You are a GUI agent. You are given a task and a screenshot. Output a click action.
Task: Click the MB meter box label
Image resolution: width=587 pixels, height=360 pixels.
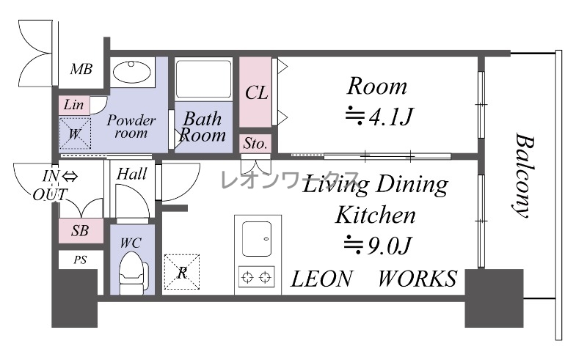coord(81,69)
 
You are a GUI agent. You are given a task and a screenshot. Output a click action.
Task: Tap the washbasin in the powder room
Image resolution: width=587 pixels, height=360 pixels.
coord(132,71)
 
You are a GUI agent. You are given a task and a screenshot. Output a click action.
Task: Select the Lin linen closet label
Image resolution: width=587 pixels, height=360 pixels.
coord(73,104)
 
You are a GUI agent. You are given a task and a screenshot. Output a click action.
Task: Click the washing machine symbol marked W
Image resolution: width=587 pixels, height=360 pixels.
coord(75,133)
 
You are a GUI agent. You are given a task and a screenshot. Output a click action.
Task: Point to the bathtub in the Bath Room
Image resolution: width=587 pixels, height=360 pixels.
coord(203,79)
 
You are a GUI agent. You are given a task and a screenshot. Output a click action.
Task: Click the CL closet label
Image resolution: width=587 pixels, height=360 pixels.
coord(256,92)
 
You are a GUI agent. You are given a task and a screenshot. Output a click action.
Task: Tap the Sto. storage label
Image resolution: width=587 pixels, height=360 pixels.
coord(255,143)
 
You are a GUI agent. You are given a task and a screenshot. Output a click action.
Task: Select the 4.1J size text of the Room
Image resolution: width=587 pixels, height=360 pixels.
coord(379,117)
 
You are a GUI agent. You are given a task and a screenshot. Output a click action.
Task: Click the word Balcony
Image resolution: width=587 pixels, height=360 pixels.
coord(522,175)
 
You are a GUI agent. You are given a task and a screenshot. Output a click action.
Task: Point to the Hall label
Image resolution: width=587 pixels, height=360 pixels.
coord(132,174)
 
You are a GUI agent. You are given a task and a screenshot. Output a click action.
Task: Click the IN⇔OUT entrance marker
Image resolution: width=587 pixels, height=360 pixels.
coord(54,185)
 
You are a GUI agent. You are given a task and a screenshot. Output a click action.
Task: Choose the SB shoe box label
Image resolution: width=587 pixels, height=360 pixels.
coord(80,231)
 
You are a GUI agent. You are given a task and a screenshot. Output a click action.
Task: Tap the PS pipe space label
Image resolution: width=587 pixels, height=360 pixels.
coord(80,260)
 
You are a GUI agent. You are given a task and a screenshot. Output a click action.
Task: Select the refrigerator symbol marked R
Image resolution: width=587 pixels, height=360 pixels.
coord(182,272)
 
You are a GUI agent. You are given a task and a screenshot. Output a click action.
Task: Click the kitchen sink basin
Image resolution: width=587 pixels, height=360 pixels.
coord(257,239)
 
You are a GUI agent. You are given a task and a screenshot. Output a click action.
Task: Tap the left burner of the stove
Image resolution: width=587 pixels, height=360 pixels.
coord(248,277)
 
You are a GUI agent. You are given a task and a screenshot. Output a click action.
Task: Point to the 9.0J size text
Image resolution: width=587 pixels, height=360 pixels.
coord(378,246)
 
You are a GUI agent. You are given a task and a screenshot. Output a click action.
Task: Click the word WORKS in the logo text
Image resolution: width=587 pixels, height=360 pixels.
coord(418,279)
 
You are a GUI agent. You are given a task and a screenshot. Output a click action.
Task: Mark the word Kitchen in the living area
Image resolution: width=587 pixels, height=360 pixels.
coord(375,215)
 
